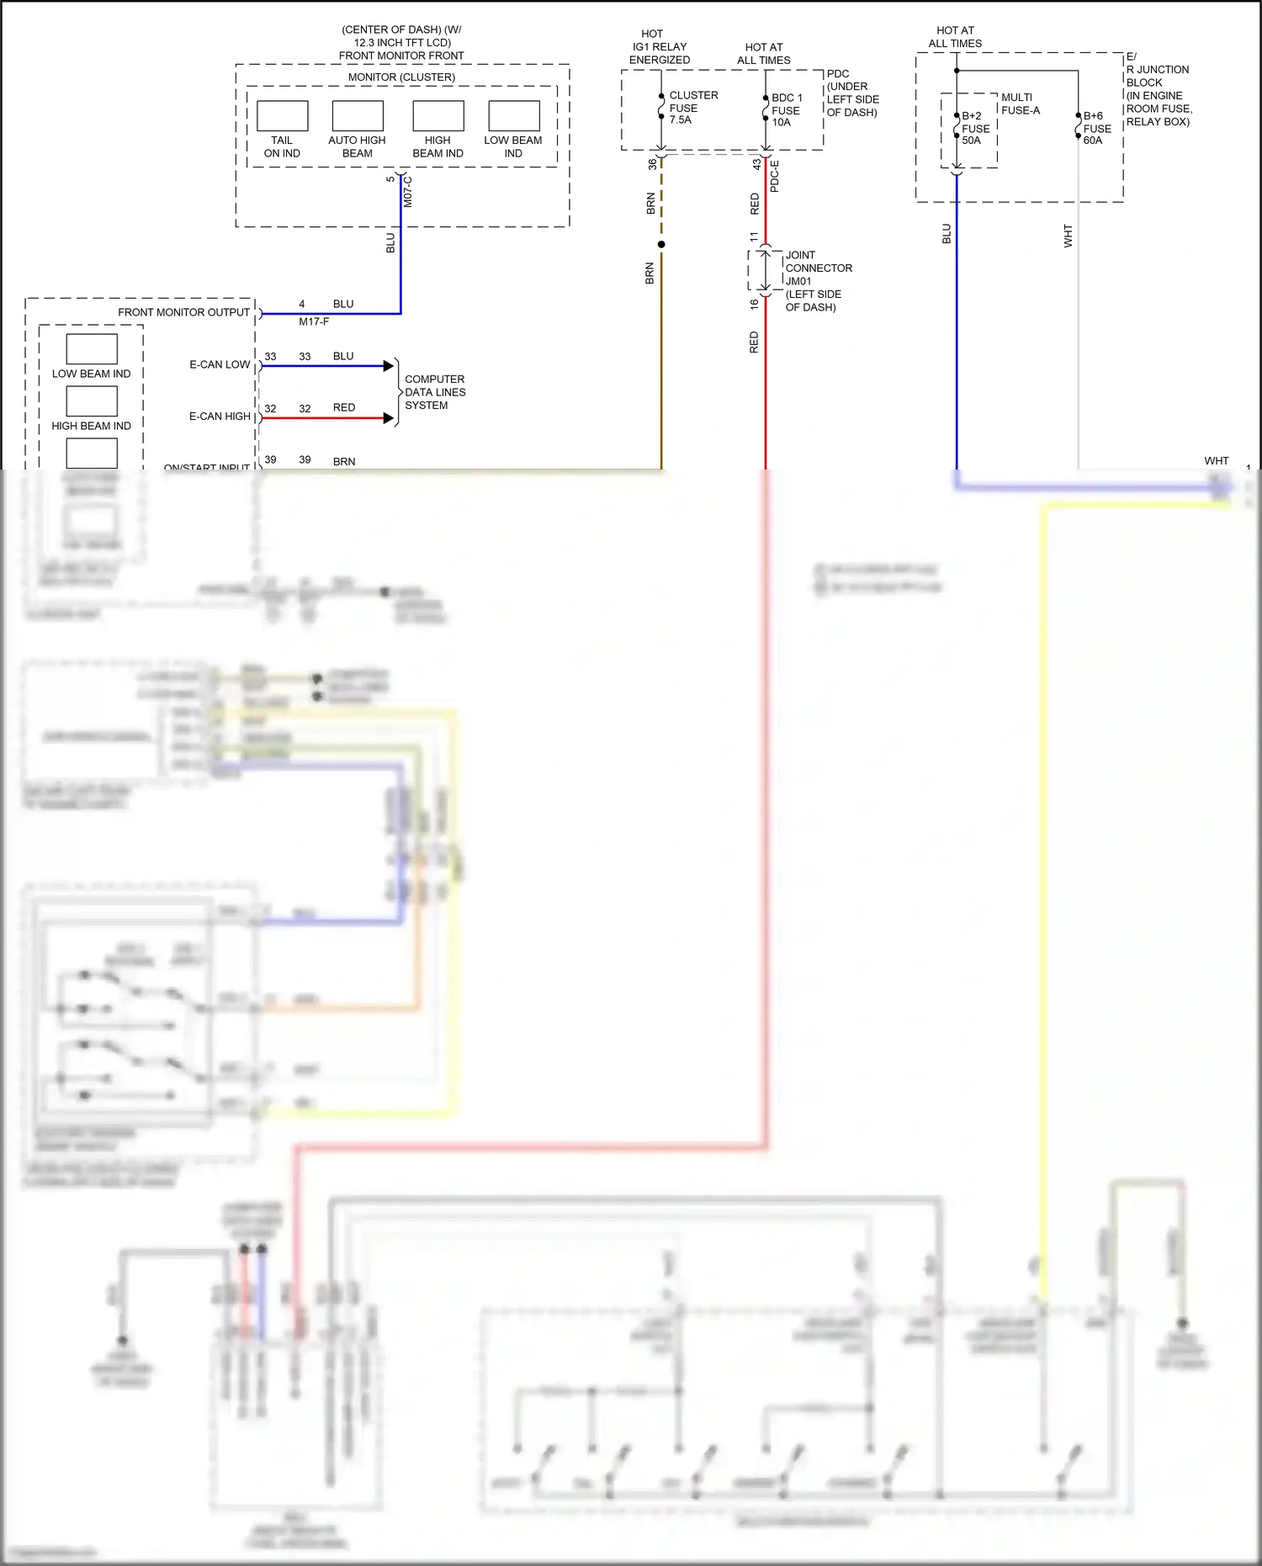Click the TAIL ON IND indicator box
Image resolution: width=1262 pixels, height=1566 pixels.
click(282, 116)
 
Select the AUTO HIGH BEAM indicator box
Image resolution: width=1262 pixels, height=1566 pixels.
click(358, 116)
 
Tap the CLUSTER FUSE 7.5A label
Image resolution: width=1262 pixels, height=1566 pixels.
click(692, 108)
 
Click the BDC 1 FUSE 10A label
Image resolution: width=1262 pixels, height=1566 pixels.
click(786, 110)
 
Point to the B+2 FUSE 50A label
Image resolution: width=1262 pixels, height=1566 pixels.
click(975, 128)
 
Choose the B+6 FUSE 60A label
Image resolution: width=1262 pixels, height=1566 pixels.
click(1096, 128)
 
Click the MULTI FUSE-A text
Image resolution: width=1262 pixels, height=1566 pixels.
click(1020, 104)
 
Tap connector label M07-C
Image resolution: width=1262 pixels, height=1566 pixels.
click(408, 192)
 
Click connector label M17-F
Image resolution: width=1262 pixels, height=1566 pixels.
click(314, 322)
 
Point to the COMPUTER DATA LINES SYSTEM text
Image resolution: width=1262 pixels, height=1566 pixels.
click(434, 392)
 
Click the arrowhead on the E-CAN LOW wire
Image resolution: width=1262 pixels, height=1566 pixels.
click(389, 366)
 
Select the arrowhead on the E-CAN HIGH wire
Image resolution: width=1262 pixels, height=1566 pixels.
click(389, 418)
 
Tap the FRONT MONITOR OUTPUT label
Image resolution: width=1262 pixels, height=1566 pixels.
click(183, 312)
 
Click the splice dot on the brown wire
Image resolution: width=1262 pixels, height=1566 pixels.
click(661, 245)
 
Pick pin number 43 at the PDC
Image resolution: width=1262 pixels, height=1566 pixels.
click(756, 164)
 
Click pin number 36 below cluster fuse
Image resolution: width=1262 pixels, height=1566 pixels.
click(652, 164)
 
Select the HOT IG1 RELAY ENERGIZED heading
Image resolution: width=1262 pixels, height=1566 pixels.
click(659, 47)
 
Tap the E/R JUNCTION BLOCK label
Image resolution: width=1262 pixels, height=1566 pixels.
click(1158, 88)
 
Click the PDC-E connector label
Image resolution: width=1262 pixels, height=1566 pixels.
click(775, 176)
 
